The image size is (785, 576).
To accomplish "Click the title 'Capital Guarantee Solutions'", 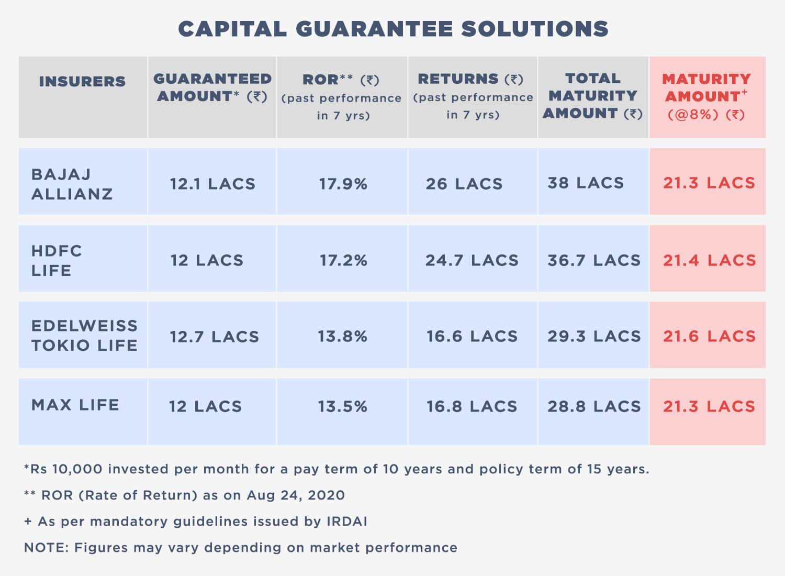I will point(393,29).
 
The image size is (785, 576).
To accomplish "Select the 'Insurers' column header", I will point(82,82).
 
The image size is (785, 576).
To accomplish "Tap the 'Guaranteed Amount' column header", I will point(212,87).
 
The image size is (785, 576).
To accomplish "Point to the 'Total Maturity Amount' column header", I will point(592,96).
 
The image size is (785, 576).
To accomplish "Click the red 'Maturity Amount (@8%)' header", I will point(706,96).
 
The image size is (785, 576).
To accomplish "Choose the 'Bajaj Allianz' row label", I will point(72,184).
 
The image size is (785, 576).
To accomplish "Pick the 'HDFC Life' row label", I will point(57,260).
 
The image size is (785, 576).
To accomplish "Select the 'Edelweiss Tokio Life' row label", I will point(84,335).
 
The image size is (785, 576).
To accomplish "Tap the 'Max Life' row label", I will point(75,405).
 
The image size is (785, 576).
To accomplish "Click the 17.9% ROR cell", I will point(343,184).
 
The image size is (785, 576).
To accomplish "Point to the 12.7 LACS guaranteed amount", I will point(214,336).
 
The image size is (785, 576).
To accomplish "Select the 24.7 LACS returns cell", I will point(472,260).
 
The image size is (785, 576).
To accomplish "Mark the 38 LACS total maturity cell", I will point(586,183).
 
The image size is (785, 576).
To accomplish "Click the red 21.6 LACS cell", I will point(709,336).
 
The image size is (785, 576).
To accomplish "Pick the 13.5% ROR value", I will point(343,406).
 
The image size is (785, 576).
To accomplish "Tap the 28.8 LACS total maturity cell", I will point(594,406).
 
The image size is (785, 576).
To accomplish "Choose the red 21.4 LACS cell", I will point(709,260).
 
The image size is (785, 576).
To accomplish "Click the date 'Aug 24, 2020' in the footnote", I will point(296,495).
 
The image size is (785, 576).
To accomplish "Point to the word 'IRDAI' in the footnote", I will point(347,522).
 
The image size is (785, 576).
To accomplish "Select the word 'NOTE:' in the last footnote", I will point(47,548).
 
